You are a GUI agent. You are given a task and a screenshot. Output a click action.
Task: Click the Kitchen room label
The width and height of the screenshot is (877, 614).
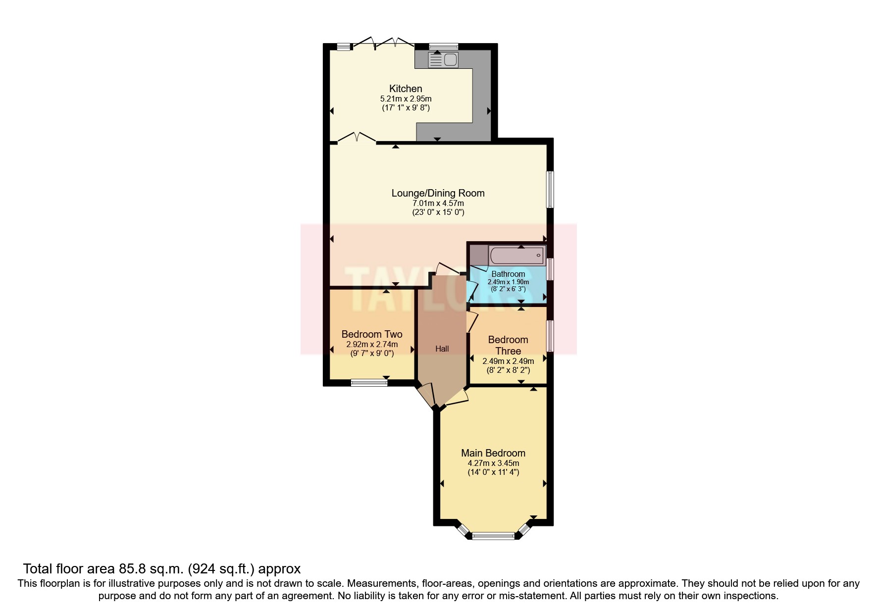(406, 89)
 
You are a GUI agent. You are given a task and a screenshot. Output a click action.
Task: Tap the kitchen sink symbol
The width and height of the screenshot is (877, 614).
(444, 60)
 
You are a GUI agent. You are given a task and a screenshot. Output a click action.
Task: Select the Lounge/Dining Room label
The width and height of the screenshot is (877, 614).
(438, 193)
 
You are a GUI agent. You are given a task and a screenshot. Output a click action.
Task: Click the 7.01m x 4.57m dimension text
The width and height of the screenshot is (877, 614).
(438, 203)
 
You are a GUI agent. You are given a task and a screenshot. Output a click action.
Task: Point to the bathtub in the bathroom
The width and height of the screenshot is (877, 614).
(516, 256)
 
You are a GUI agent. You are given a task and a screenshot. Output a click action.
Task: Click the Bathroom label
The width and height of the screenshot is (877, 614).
(508, 274)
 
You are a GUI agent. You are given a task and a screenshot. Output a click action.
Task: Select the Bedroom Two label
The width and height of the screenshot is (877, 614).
(371, 334)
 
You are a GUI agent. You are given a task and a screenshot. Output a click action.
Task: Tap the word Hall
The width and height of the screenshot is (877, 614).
(442, 349)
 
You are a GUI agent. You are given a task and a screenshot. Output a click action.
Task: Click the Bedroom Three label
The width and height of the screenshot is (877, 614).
(508, 345)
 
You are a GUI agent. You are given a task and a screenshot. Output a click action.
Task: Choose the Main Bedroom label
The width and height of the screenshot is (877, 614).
(493, 453)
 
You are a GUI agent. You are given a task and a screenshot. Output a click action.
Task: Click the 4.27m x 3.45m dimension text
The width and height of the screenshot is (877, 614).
(493, 463)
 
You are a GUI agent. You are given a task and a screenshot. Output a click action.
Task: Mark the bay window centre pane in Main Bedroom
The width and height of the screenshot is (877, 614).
(493, 535)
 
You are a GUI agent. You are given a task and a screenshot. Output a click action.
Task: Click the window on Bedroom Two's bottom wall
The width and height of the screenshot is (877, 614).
(369, 382)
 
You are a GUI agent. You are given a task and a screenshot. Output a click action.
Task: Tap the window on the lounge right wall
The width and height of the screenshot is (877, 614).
(550, 190)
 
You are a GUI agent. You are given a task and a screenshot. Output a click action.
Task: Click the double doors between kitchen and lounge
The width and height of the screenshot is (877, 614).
(357, 139)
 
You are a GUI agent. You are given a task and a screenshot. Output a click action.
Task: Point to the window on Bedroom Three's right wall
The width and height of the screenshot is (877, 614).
(550, 336)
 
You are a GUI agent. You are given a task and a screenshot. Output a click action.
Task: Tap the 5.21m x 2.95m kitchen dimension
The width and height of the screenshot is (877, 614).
(406, 99)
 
